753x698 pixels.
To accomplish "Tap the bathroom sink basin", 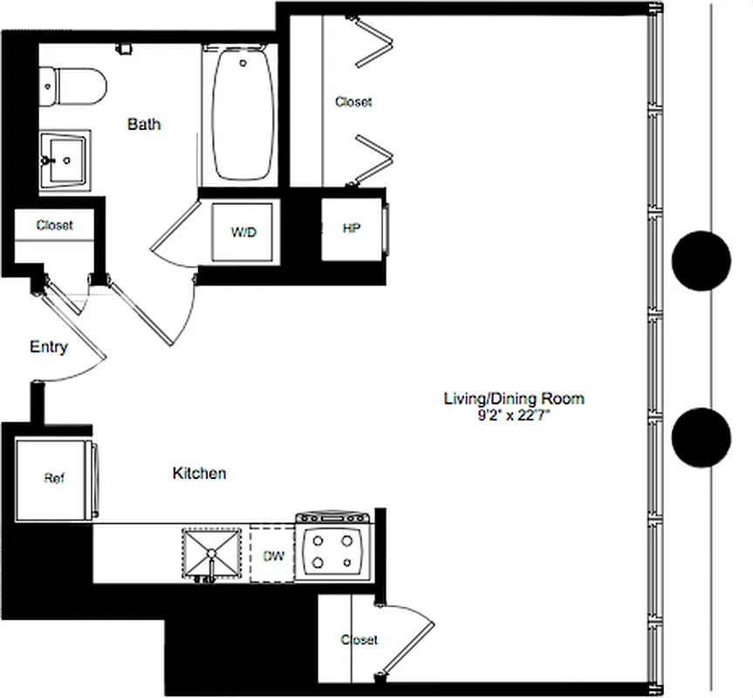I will (65, 159).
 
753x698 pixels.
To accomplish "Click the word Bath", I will (144, 124).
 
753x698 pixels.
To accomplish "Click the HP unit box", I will (352, 229).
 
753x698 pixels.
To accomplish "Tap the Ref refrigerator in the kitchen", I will (54, 478).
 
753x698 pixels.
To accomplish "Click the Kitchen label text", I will (199, 473).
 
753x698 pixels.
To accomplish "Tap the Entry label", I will (49, 346).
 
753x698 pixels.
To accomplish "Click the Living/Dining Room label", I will (514, 399).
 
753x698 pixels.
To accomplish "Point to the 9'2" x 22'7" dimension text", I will (514, 415).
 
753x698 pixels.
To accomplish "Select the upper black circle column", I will (702, 262).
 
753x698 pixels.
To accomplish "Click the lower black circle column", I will (702, 436).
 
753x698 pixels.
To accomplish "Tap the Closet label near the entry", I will (54, 225).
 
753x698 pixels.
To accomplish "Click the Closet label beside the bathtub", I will (353, 102).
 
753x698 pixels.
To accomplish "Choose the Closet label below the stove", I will (359, 640).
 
